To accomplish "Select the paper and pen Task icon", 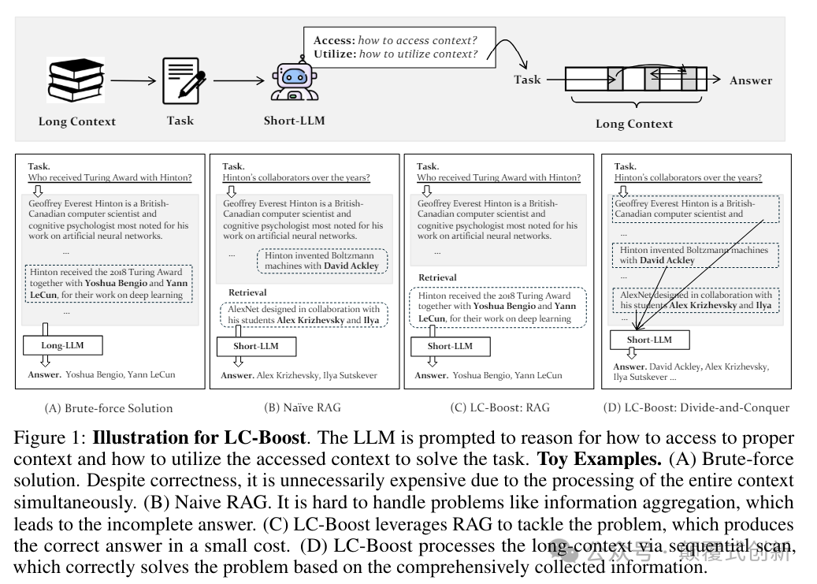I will point(182,80).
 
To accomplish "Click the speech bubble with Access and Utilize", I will point(396,46).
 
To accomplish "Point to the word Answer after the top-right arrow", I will point(750,80).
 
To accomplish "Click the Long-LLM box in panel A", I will point(63,345).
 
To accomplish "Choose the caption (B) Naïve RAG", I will point(303,407).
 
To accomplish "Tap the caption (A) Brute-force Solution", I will point(109,407).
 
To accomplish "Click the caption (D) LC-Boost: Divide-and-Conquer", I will point(696,407).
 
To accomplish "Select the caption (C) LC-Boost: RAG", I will point(499,407).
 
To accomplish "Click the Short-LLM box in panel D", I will point(650,340).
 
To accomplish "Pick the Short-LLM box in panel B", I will point(256,346).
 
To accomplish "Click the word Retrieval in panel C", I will point(437,277).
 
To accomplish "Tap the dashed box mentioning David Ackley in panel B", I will point(321,261).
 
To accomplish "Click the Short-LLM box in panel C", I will point(450,346).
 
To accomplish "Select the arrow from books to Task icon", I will point(134,80).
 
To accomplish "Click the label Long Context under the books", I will point(77,121).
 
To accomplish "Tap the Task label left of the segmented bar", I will point(527,80).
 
